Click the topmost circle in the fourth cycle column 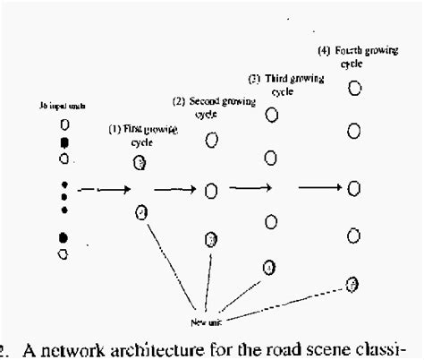(355, 88)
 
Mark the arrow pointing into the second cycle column (174, 189)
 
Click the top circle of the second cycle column (212, 139)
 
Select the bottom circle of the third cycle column (270, 266)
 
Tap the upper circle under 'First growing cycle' (140, 162)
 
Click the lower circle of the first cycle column (140, 212)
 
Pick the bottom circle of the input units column (63, 253)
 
